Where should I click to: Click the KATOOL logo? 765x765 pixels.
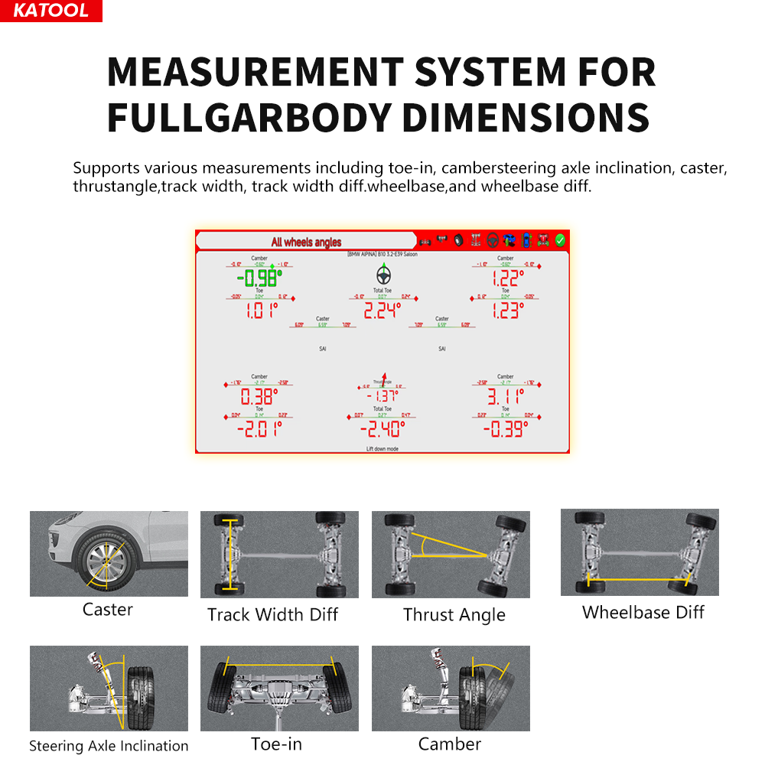50,11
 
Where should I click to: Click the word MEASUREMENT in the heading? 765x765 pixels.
254,73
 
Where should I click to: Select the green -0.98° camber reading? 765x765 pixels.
259,278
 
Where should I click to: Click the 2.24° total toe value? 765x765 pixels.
382,310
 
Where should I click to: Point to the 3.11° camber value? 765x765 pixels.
505,396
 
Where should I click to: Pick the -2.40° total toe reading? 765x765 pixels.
382,428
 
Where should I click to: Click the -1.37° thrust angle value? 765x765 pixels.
382,396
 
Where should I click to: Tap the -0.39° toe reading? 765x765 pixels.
505,428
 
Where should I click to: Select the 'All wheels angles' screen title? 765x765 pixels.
306,242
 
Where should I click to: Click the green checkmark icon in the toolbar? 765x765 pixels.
560,240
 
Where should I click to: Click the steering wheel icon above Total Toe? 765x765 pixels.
382,274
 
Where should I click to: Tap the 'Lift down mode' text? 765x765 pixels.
382,449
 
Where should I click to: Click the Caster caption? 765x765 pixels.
108,610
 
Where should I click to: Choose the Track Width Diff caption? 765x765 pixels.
272,615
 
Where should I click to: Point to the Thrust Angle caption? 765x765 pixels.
454,615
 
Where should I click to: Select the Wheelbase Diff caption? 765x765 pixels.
643,612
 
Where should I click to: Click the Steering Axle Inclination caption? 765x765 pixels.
109,746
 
